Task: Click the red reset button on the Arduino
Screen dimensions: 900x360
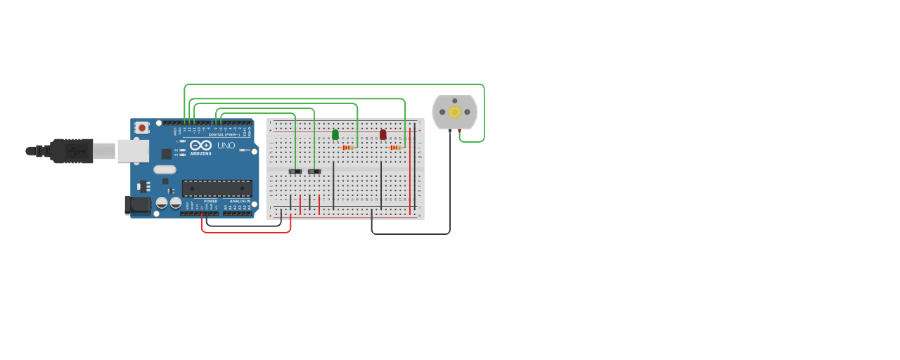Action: pyautogui.click(x=142, y=127)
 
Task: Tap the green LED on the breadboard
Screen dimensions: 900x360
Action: pyautogui.click(x=335, y=134)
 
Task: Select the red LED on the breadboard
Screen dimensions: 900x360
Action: pyautogui.click(x=383, y=134)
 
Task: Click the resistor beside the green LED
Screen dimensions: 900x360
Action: pyautogui.click(x=348, y=148)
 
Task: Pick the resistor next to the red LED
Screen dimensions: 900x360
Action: pyautogui.click(x=396, y=148)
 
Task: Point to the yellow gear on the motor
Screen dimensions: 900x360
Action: pyautogui.click(x=454, y=112)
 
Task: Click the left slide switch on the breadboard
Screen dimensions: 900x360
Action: pyautogui.click(x=295, y=172)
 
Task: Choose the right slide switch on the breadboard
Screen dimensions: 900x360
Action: pyautogui.click(x=314, y=172)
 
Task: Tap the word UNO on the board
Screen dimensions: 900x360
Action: pyautogui.click(x=226, y=146)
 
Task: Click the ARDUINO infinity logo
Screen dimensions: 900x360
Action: pyautogui.click(x=200, y=145)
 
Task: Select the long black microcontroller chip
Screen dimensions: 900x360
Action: pyautogui.click(x=217, y=188)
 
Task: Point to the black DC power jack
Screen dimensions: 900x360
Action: pyautogui.click(x=138, y=205)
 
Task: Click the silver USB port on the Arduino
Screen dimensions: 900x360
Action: pyautogui.click(x=133, y=150)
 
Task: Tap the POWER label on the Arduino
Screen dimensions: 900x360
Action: pyautogui.click(x=211, y=201)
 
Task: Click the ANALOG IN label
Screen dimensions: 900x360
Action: pyautogui.click(x=238, y=201)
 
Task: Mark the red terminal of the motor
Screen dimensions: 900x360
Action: pyautogui.click(x=460, y=131)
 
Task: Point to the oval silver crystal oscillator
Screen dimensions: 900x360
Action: pyautogui.click(x=165, y=169)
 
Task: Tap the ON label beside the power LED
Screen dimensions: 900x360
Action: pyautogui.click(x=248, y=150)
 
